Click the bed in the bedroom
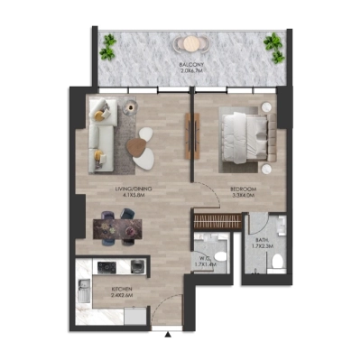[x=237, y=135]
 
